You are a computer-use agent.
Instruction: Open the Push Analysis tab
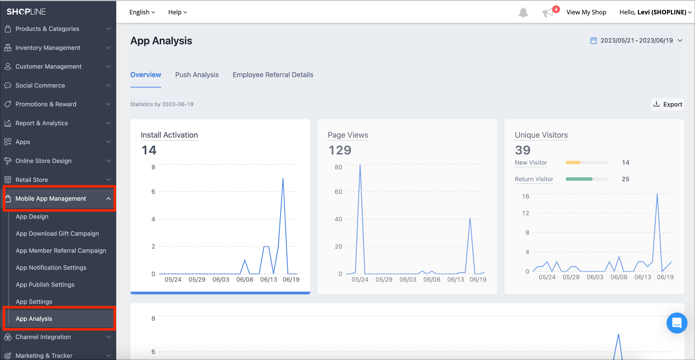coord(197,75)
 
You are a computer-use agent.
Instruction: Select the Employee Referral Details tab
coord(273,75)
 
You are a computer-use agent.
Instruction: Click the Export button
coord(668,104)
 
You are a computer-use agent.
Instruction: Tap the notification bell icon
coord(523,12)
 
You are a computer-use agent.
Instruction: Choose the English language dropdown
coord(142,12)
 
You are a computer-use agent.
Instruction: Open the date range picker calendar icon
coord(593,40)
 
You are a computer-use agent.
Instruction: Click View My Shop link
coord(586,12)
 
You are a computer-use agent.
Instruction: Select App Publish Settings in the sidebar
coord(45,284)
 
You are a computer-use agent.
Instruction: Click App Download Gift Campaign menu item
coord(57,234)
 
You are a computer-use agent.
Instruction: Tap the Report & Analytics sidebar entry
coord(42,123)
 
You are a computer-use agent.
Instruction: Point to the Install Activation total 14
coord(149,150)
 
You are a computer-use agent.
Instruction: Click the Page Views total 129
coord(340,150)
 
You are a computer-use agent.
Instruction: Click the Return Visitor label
coord(534,179)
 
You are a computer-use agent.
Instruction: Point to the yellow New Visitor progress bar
coord(573,162)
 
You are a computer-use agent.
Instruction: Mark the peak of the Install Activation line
coord(283,178)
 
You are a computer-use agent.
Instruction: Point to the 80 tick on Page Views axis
coord(338,167)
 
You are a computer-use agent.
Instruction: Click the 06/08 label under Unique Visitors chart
coord(619,277)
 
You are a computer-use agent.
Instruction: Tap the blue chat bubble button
coord(676,323)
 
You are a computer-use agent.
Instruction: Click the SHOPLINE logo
coord(26,12)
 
